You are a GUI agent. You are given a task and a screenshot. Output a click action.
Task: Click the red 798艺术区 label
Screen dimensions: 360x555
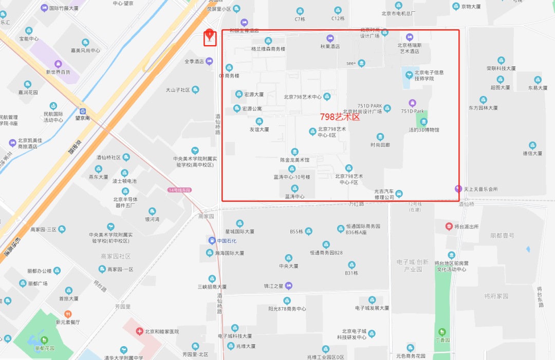pyautogui.click(x=340, y=117)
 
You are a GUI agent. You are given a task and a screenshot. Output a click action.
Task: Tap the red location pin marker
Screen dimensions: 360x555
pyautogui.click(x=209, y=35)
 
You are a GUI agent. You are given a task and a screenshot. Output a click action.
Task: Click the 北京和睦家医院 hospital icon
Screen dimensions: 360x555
pyautogui.click(x=139, y=331)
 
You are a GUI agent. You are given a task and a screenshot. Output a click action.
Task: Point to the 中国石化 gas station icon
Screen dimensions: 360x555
pyautogui.click(x=211, y=240)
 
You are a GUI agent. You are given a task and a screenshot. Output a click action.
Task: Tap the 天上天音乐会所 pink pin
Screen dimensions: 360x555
pyautogui.click(x=458, y=188)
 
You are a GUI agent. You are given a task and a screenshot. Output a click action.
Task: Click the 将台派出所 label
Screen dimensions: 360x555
pyautogui.click(x=467, y=226)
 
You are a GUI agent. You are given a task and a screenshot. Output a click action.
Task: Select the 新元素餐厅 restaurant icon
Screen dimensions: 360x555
pyautogui.click(x=68, y=314)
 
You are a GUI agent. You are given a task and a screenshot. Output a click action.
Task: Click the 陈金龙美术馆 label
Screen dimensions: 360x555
pyautogui.click(x=294, y=160)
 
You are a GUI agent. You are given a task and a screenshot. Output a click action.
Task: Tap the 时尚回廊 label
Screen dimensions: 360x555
pyautogui.click(x=380, y=145)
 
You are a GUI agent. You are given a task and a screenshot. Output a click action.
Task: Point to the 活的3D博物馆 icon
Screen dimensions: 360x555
pyautogui.click(x=423, y=122)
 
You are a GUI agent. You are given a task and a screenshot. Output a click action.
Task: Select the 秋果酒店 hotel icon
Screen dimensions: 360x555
pyautogui.click(x=330, y=38)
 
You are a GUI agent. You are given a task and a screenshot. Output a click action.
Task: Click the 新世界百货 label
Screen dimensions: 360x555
pyautogui.click(x=58, y=72)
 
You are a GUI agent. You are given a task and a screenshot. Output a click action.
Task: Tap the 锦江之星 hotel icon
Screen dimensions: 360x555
pyautogui.click(x=289, y=286)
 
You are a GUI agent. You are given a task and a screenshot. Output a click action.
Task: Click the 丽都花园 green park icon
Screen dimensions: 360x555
pyautogui.click(x=44, y=339)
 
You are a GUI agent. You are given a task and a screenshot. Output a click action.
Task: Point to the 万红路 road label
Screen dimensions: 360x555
pyautogui.click(x=356, y=204)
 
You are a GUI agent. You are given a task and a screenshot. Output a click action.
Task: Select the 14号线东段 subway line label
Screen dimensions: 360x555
pyautogui.click(x=179, y=190)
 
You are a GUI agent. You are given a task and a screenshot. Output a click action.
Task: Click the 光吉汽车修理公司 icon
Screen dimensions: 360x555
pyautogui.click(x=399, y=193)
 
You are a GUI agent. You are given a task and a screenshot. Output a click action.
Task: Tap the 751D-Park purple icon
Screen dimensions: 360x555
pyautogui.click(x=412, y=103)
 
